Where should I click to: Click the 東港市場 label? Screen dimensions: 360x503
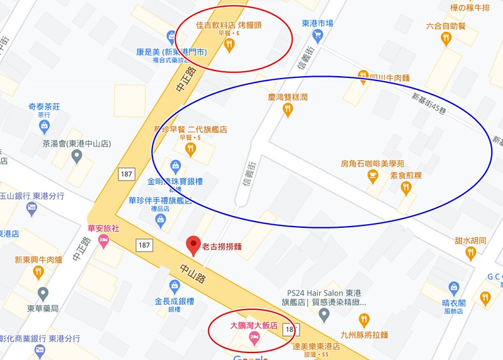click(317, 23)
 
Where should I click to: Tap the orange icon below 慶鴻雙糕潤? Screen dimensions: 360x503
click(288, 110)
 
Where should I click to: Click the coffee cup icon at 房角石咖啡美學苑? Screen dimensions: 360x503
click(372, 176)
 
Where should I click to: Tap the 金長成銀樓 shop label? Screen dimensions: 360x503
click(171, 301)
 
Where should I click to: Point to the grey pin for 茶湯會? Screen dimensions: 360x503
click(77, 155)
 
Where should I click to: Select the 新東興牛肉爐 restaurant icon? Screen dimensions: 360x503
click(38, 272)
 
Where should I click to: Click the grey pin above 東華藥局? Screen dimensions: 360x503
click(43, 293)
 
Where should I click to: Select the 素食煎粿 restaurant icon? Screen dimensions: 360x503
click(405, 187)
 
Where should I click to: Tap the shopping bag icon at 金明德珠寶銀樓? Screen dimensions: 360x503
click(176, 167)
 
